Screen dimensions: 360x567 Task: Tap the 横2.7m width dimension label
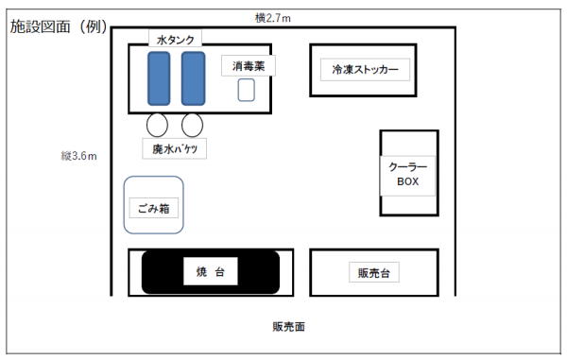[273, 17]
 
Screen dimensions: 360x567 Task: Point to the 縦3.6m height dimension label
[79, 155]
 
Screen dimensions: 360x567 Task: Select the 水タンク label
[177, 39]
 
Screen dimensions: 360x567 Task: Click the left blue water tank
[159, 78]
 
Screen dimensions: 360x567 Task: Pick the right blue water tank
[193, 78]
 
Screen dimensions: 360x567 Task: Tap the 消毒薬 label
[248, 65]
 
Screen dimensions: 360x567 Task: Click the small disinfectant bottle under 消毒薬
[247, 90]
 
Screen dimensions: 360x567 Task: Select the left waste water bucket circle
[158, 124]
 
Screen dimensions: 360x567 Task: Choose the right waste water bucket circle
[193, 124]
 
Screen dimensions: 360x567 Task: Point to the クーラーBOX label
[408, 173]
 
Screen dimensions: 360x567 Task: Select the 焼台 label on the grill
[210, 272]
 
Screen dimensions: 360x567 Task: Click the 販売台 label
[374, 272]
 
